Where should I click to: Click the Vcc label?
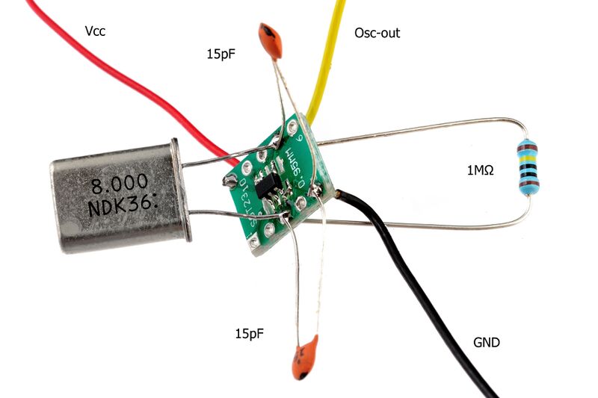[x=95, y=32]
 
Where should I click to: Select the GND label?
[x=486, y=343]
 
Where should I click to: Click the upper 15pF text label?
[x=221, y=54]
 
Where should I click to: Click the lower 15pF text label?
[x=250, y=331]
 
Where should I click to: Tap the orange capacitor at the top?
[x=270, y=41]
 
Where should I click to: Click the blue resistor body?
[x=528, y=168]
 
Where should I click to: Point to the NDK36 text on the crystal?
[x=125, y=205]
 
